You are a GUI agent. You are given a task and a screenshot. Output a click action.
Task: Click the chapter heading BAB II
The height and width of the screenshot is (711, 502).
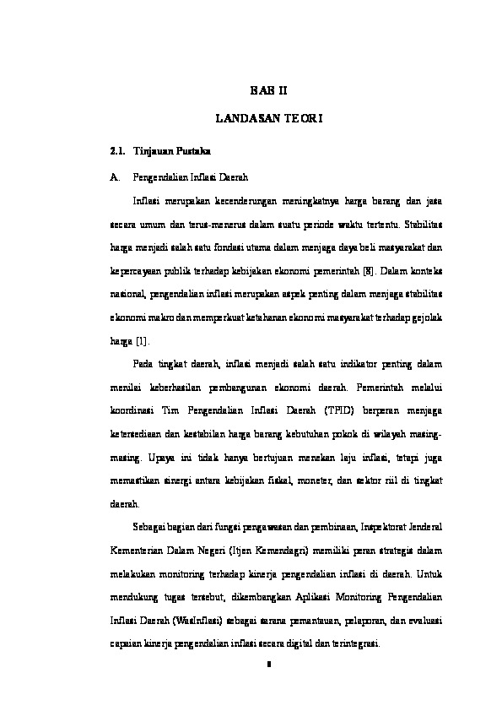[x=270, y=88]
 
